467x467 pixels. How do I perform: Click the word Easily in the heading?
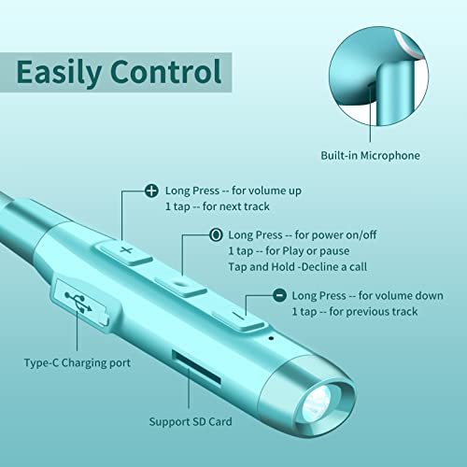point(58,73)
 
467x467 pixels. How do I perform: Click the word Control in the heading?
point(165,71)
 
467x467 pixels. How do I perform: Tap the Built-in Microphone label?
point(370,155)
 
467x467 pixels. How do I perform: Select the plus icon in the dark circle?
point(151,191)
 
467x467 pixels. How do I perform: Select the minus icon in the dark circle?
point(279,295)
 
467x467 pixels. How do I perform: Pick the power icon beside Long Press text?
point(216,234)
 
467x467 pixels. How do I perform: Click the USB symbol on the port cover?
point(78,302)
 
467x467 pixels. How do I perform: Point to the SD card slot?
point(197,368)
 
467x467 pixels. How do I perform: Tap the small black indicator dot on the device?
point(271,338)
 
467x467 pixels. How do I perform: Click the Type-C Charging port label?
point(78,363)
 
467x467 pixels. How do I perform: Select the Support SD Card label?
point(191,422)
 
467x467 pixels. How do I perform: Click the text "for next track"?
point(236,206)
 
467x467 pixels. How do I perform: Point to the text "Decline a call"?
point(334,267)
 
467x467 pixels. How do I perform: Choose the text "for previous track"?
point(374,312)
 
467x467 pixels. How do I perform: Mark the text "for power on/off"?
point(335,234)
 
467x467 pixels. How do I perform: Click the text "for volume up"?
point(266,191)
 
